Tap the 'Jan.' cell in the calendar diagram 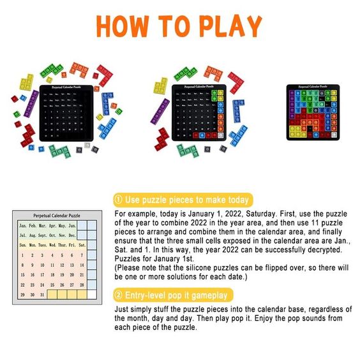[23, 226]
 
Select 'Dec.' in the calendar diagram [71, 236]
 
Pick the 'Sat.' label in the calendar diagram [82, 245]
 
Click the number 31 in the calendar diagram [42, 294]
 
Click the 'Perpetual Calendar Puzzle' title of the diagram [57, 216]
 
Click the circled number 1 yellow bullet [118, 199]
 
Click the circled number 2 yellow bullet [118, 295]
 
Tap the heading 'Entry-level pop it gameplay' [176, 295]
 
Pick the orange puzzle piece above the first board [79, 68]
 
